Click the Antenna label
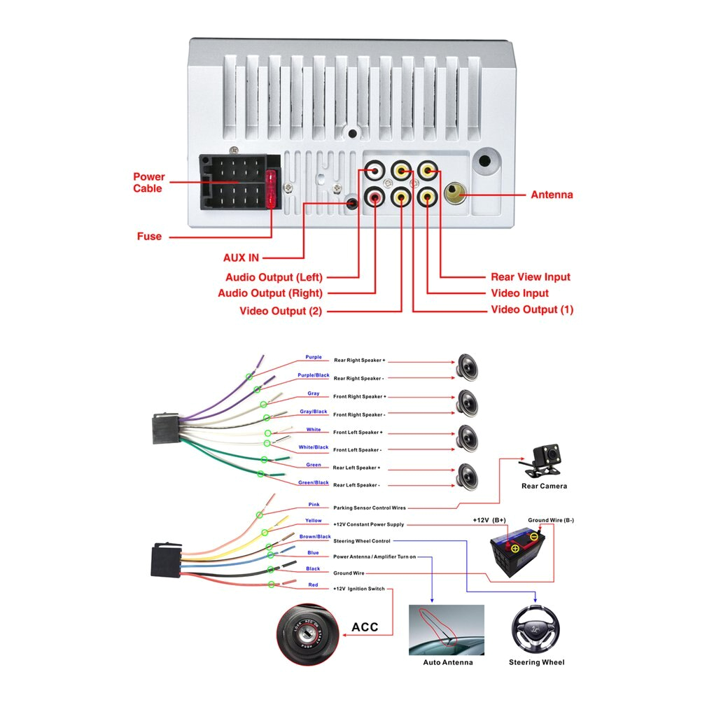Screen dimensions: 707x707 coord(552,195)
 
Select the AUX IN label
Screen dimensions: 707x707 coord(241,258)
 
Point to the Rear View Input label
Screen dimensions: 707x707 coord(530,276)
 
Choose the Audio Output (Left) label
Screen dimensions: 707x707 coord(274,277)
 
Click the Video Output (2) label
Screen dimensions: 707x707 coord(280,311)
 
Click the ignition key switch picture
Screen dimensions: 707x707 coord(306,633)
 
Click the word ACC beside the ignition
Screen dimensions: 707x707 coord(364,626)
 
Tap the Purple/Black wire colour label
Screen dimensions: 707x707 coord(313,375)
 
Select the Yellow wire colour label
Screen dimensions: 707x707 coord(313,520)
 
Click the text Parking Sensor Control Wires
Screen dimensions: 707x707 coord(369,507)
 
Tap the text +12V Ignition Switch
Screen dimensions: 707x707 coord(358,589)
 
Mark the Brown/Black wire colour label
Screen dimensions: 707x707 coord(315,536)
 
